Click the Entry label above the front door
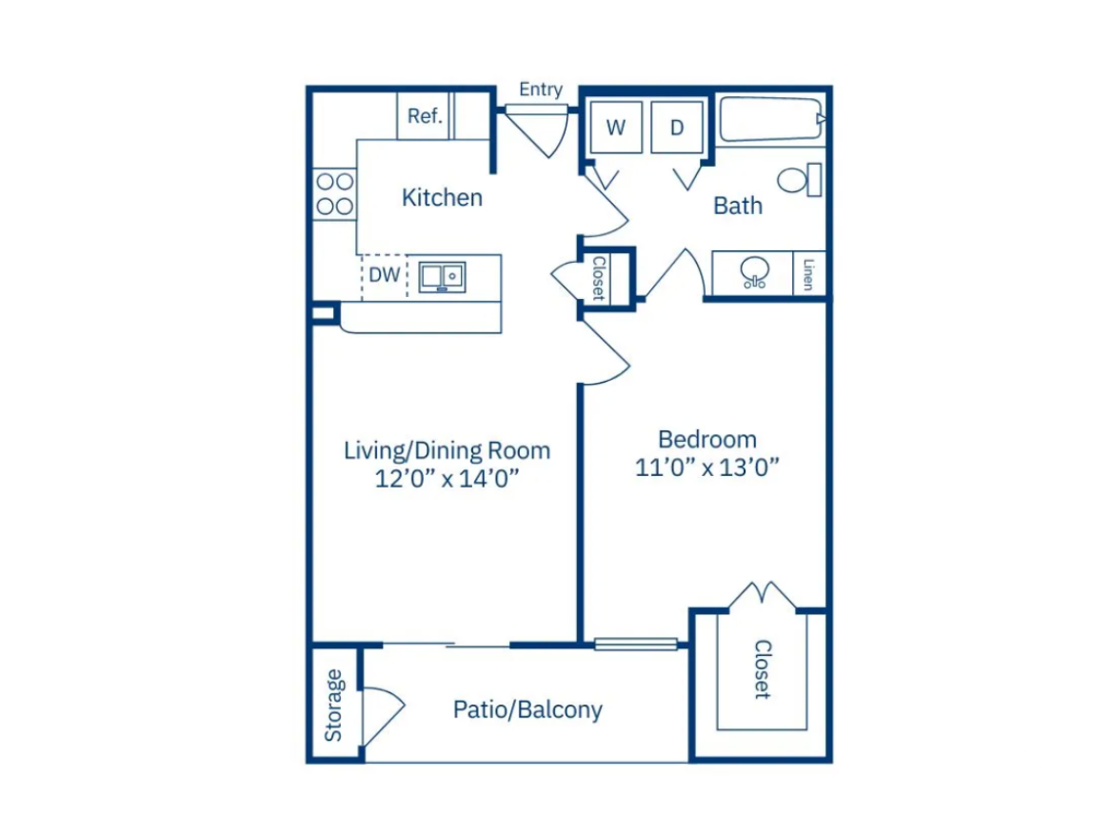pos(541,90)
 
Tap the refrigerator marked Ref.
pos(424,116)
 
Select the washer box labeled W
pos(616,128)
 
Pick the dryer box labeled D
pos(677,128)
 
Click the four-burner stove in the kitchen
pos(334,194)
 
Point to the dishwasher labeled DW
pos(385,275)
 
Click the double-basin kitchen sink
pos(442,277)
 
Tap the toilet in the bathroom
pos(800,180)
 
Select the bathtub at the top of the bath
pos(772,119)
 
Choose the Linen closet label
pos(807,273)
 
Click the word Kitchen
pos(442,197)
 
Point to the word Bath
pos(738,206)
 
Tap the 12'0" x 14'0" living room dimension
pos(447,479)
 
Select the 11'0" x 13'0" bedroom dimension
pos(706,468)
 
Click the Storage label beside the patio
pos(333,706)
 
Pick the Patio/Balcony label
pos(527,709)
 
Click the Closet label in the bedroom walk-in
pos(763,669)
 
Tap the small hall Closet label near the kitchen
pos(599,278)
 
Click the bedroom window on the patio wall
pos(636,645)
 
